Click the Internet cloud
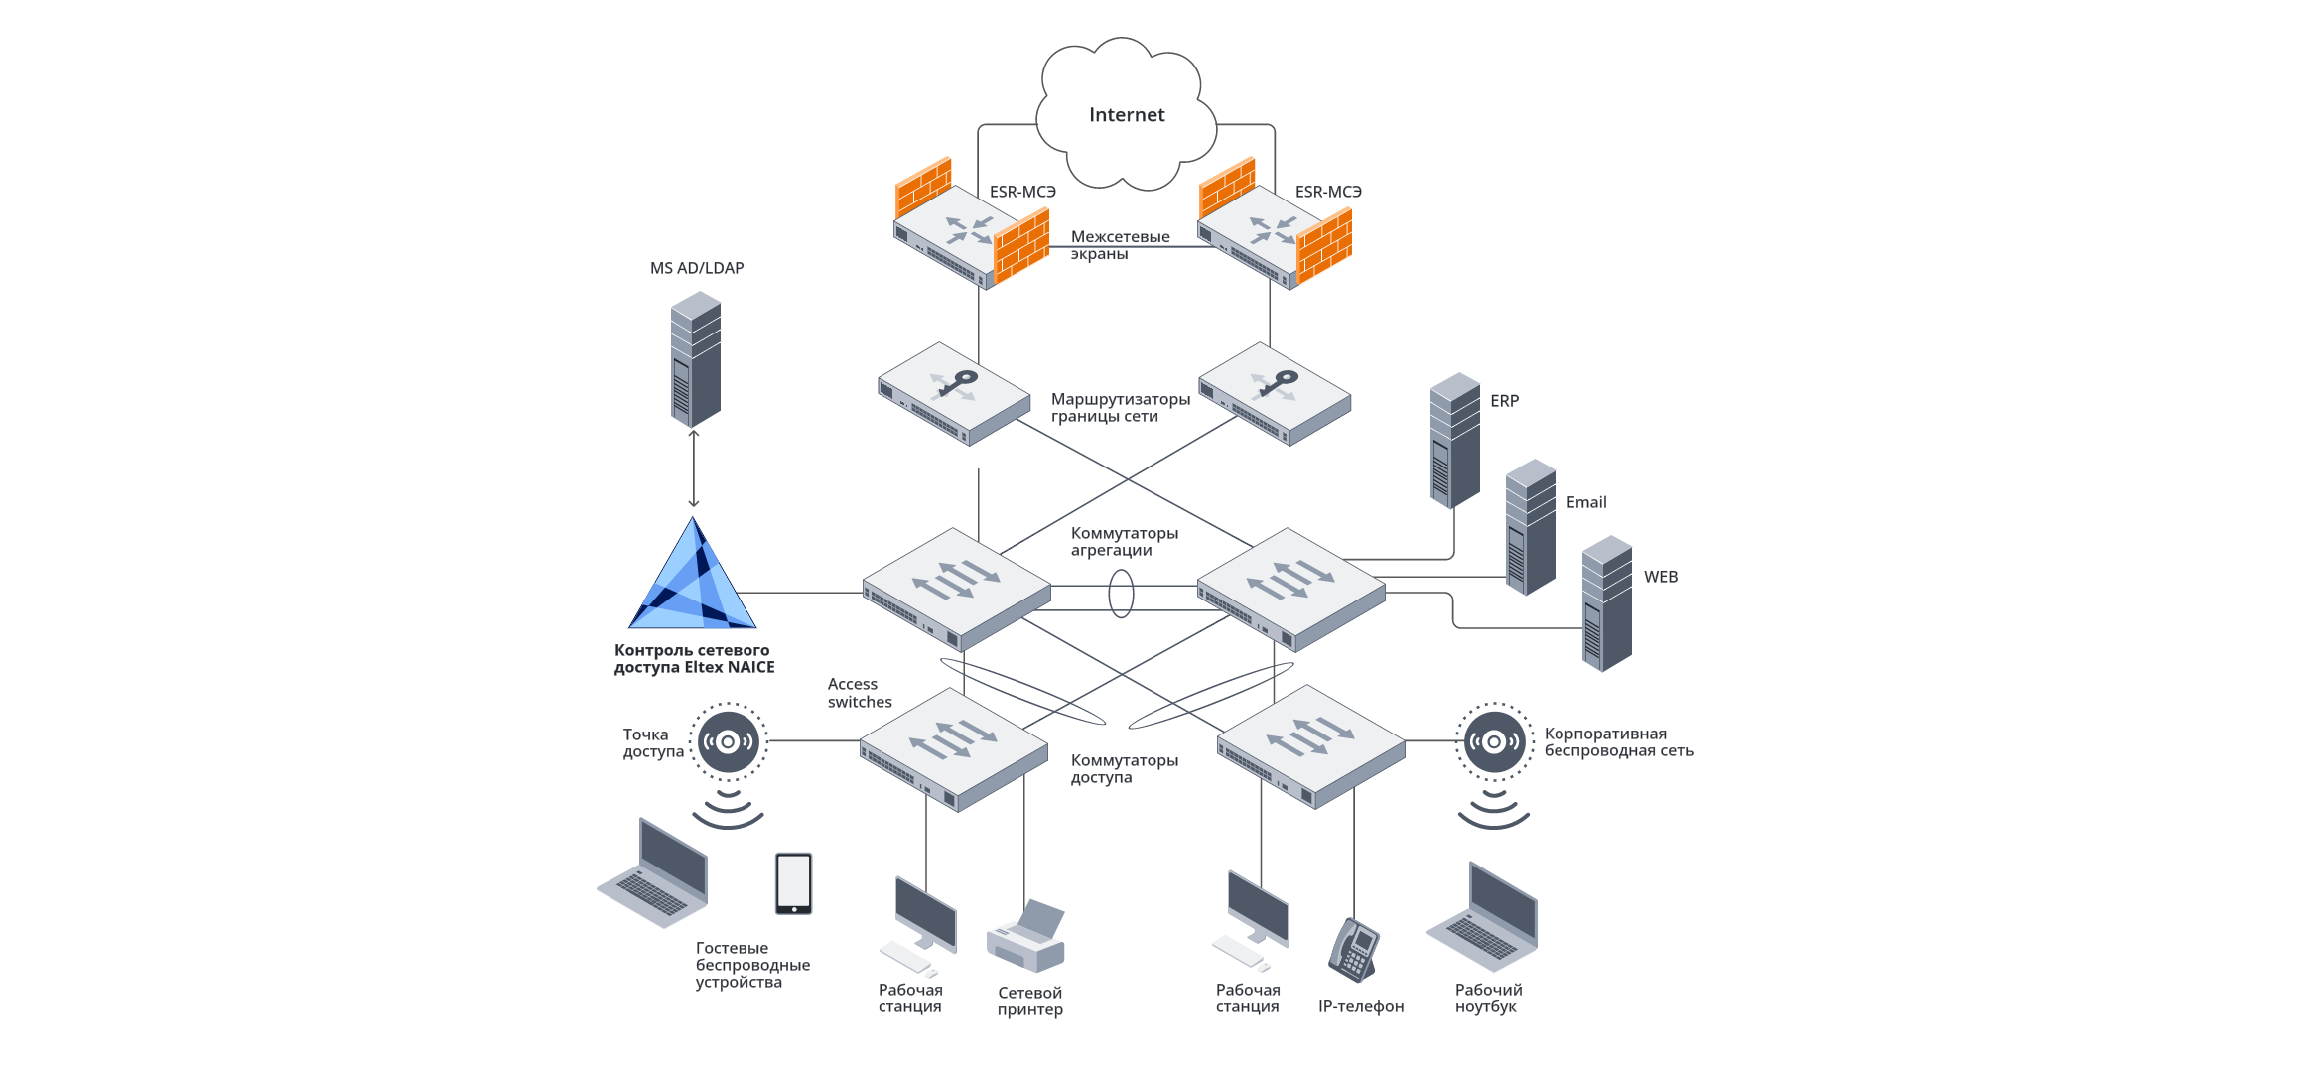click(1126, 115)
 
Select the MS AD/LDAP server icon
click(695, 359)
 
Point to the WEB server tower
click(1606, 602)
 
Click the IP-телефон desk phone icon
click(1353, 949)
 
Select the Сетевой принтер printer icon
click(1026, 936)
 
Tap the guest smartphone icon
click(793, 882)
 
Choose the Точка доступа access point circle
click(728, 741)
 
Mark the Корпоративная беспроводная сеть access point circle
click(1494, 741)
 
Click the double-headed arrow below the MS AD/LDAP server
click(694, 468)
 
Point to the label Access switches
click(859, 693)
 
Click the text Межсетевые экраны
click(1119, 245)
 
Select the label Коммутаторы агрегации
click(1124, 542)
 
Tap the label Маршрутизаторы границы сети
click(1120, 408)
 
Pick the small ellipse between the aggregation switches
click(1121, 594)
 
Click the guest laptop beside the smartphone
click(654, 873)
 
